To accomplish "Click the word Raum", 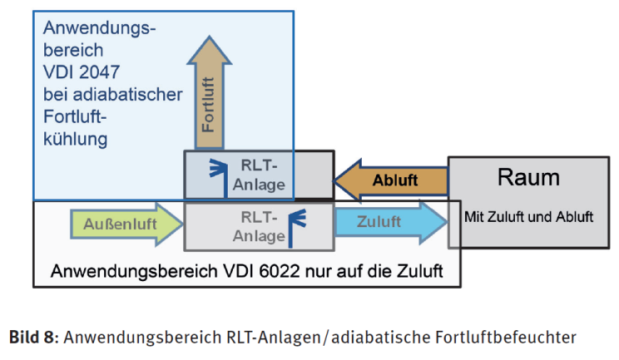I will tap(528, 177).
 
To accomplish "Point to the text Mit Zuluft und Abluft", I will tap(528, 217).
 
